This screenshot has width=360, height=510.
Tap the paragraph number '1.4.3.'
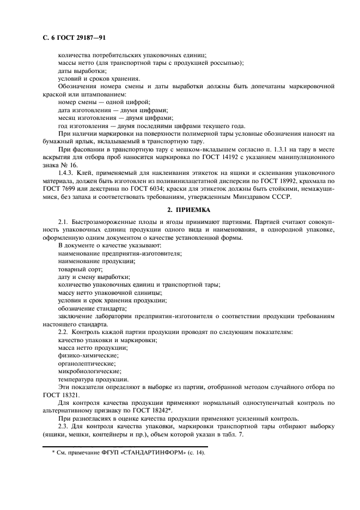click(x=66, y=172)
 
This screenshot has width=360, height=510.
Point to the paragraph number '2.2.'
click(x=64, y=332)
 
